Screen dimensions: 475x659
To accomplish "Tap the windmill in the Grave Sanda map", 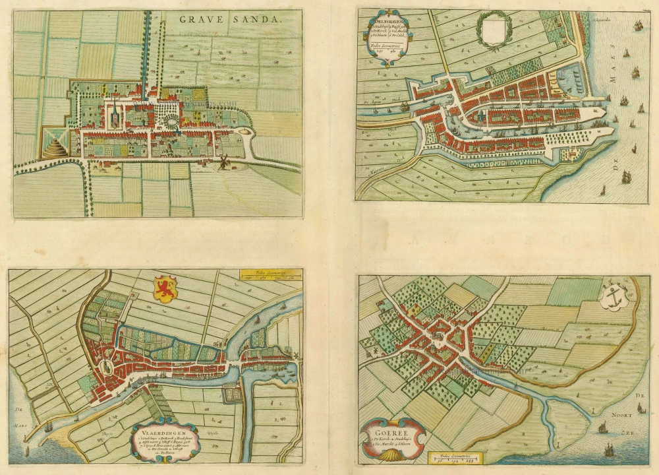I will pos(222,161).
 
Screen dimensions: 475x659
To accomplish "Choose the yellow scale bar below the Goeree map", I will pos(454,457).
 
